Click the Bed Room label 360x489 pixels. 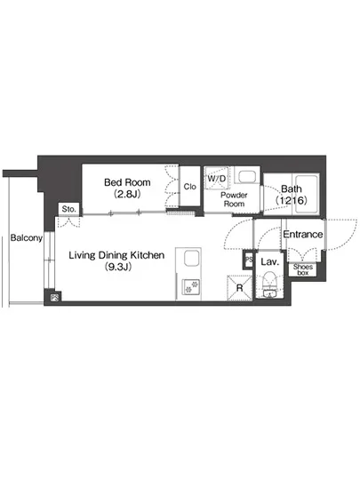coord(127,182)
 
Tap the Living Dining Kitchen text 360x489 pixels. coord(116,255)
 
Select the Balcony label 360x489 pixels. coord(27,238)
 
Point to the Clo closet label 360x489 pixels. coord(190,187)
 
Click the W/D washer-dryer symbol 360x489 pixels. coord(217,179)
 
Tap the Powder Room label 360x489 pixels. coord(234,199)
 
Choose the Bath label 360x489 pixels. coord(292,188)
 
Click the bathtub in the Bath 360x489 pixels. coord(307,194)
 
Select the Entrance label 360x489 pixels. coord(302,234)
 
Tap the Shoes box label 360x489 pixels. coord(302,269)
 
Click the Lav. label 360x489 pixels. coord(269,261)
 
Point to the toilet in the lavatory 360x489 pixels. coord(269,285)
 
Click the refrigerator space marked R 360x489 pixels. coord(239,288)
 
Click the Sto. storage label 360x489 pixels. coord(68,209)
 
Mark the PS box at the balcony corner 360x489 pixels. coord(55,298)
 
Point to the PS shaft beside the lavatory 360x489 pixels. coord(249,259)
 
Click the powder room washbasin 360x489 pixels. coord(247,177)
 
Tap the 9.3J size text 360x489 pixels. coord(118,267)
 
